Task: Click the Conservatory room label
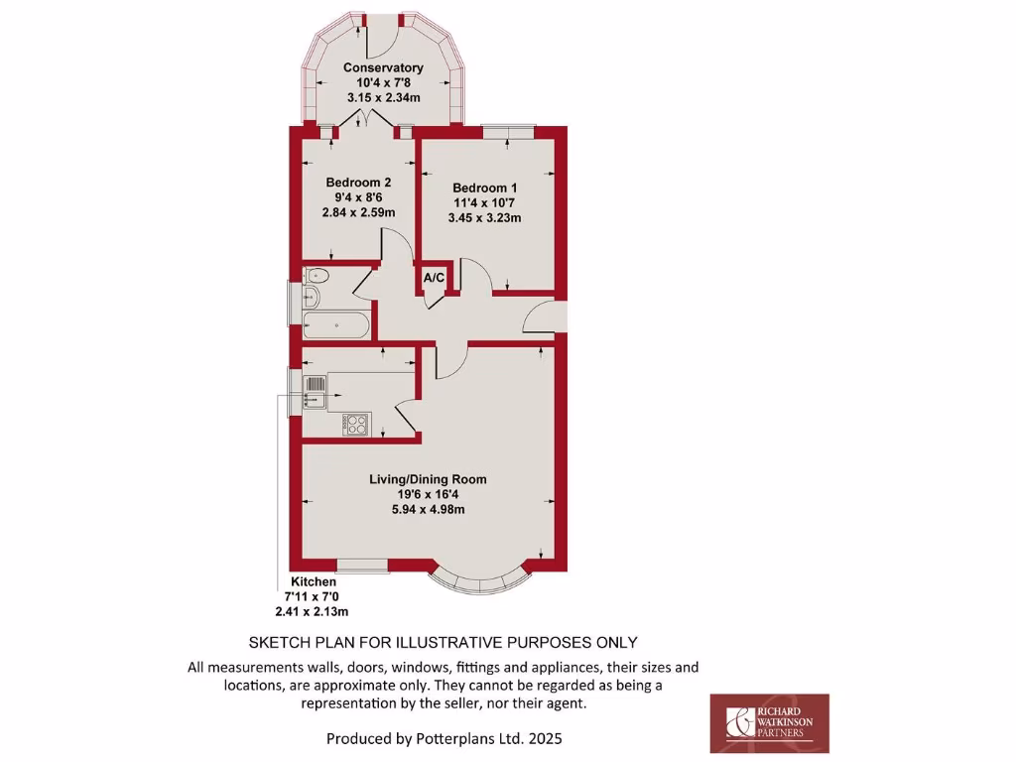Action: coord(383,67)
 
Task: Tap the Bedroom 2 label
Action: coord(358,183)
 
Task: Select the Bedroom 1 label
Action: coord(484,188)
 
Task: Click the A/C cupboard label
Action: coord(434,279)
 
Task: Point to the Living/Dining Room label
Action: coord(428,479)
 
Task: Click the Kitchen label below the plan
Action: coord(313,581)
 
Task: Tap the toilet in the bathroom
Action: coord(317,275)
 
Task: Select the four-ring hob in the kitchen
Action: coord(356,424)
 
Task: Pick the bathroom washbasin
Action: coord(311,296)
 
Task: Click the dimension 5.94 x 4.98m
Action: coord(428,510)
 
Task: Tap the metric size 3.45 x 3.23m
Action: coord(484,218)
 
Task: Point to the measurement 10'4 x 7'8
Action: coord(383,83)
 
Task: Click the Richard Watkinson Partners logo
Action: coord(769,723)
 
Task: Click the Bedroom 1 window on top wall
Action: coord(508,130)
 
